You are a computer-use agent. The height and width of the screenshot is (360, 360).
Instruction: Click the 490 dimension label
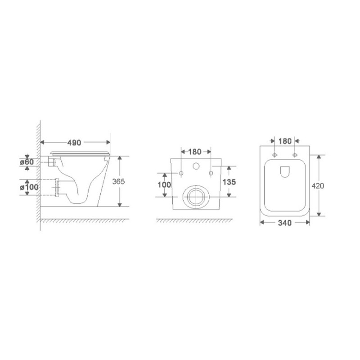click(74, 143)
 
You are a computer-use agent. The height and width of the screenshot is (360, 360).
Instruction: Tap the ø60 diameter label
click(27, 162)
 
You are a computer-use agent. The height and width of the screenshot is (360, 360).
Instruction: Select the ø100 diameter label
click(29, 187)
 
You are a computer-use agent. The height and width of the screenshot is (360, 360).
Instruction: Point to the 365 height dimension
click(118, 181)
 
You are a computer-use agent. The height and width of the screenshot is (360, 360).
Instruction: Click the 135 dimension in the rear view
click(229, 182)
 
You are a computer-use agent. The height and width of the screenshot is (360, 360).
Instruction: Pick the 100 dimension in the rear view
click(164, 184)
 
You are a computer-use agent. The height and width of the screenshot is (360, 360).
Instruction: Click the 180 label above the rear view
click(195, 152)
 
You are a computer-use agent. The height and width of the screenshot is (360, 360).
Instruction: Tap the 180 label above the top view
click(285, 141)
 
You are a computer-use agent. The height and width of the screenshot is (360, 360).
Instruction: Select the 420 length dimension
click(318, 185)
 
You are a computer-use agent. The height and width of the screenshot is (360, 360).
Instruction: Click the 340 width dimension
click(285, 223)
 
